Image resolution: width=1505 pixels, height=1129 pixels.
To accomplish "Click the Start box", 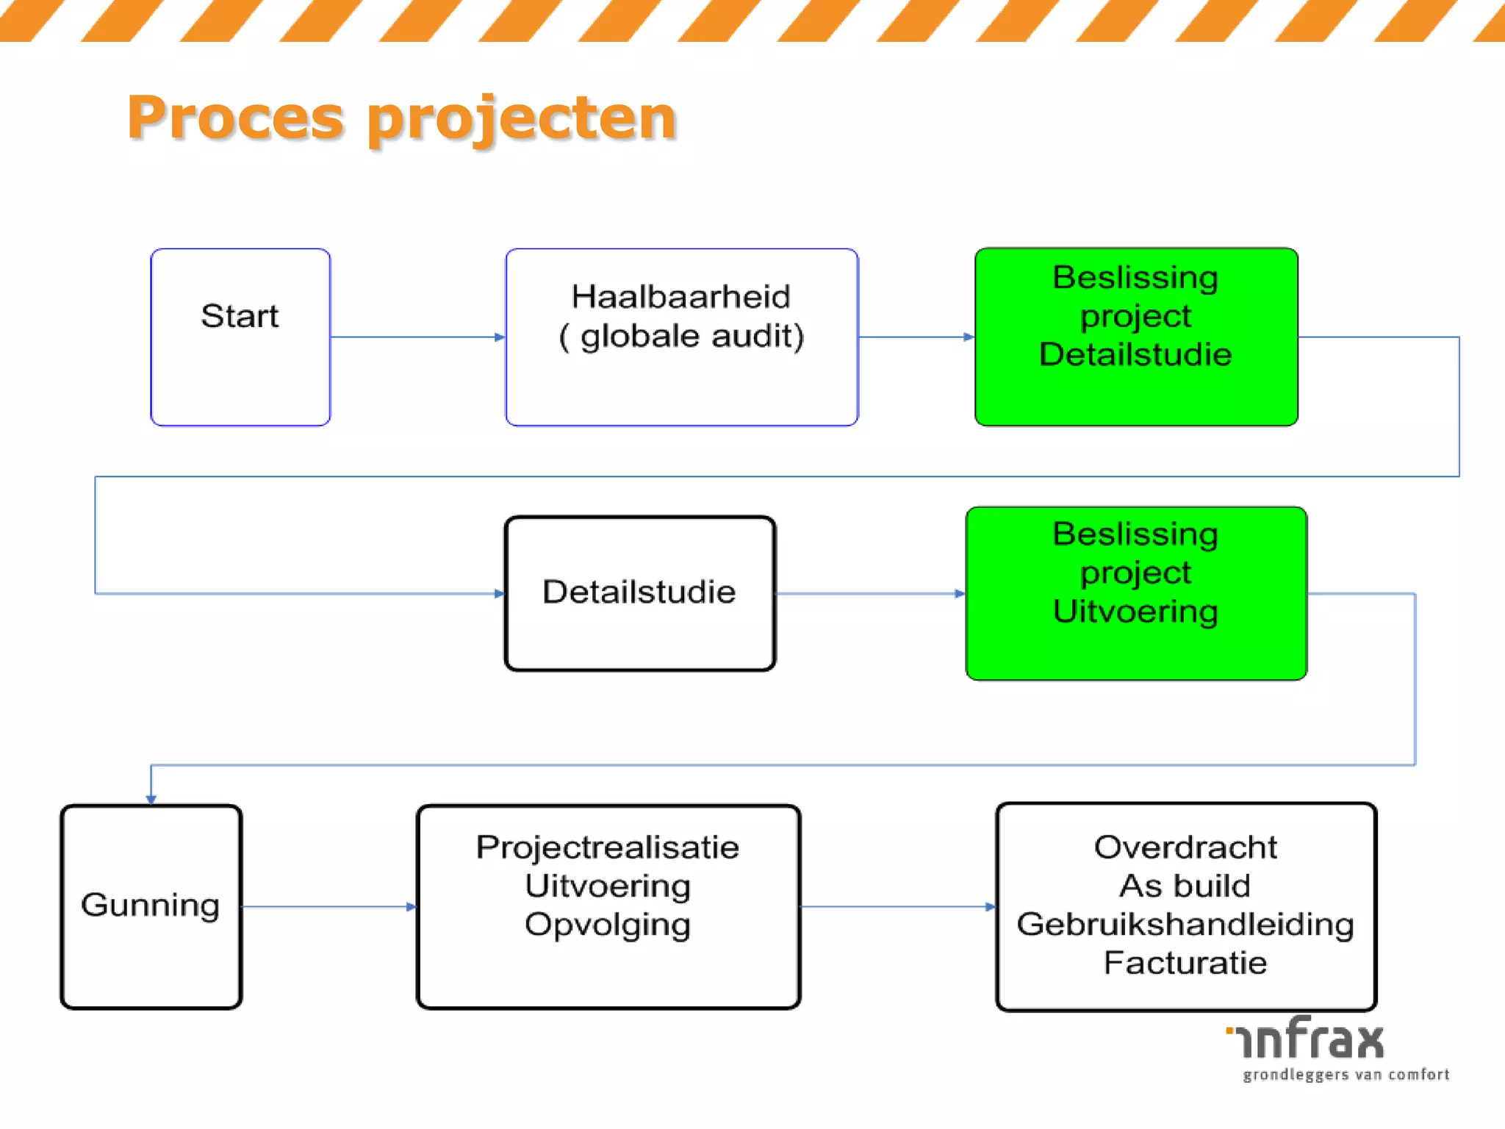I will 240,337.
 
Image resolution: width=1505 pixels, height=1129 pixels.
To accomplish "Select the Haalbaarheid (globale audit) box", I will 681,337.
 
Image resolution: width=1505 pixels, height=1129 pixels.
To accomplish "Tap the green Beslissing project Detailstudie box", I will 1136,337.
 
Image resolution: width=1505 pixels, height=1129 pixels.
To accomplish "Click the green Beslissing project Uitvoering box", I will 1136,593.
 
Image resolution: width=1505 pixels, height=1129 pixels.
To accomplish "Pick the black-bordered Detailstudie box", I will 639,593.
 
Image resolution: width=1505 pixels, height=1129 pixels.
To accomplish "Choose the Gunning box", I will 151,906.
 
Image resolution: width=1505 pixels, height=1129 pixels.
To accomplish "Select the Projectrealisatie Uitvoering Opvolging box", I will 608,906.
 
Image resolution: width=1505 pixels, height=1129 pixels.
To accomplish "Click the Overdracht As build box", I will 1185,906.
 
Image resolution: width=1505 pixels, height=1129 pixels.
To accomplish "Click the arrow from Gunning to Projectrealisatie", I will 328,906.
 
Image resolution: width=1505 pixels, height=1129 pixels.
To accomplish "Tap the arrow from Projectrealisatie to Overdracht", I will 897,906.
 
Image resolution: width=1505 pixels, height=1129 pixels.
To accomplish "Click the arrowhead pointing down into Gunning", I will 151,799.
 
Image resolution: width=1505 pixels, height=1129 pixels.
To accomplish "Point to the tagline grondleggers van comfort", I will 1346,1075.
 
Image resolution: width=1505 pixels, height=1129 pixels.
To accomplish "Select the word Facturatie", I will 1185,963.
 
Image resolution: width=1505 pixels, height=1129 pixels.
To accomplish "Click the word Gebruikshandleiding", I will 1185,925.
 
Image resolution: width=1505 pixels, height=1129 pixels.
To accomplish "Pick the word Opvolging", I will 608,925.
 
